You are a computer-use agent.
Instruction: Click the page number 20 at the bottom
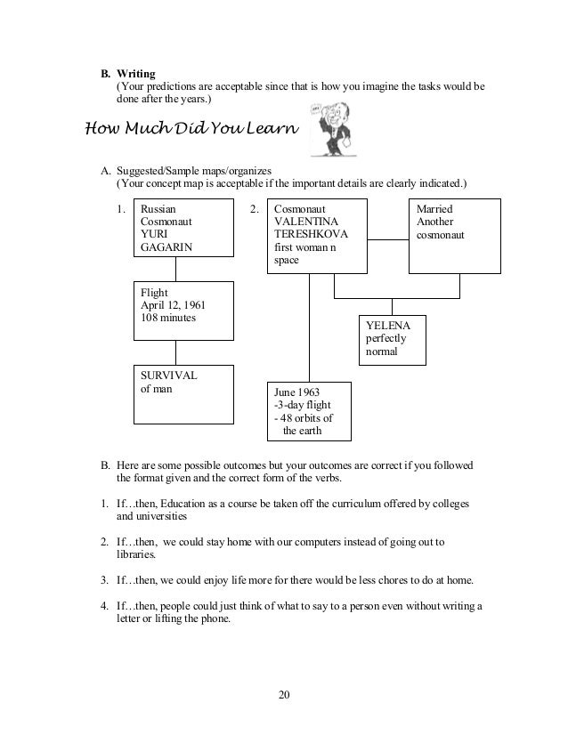(283, 695)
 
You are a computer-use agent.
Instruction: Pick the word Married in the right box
(434, 209)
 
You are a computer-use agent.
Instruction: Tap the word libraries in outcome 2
(134, 553)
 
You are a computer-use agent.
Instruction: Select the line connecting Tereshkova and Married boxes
(387, 238)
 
